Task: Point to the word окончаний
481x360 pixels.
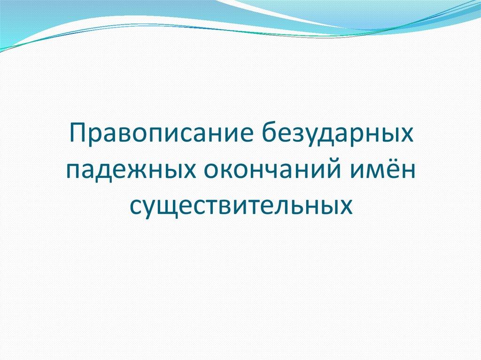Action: coord(271,170)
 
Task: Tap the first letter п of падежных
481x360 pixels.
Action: coord(73,171)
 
